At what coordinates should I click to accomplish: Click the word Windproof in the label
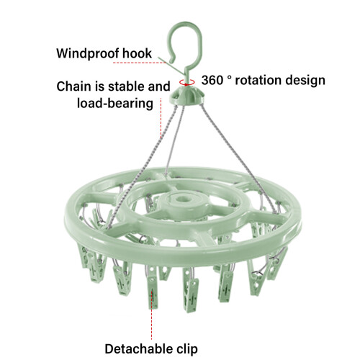point(88,53)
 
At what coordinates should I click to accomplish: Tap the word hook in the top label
point(137,53)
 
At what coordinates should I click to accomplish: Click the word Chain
point(74,86)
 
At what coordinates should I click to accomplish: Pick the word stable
point(127,86)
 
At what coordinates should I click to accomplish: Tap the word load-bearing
point(115,104)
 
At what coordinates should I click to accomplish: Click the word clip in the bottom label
point(186,349)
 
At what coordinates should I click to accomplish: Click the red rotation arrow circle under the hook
point(186,82)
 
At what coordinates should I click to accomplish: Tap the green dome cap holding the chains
point(187,95)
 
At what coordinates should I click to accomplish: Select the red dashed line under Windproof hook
point(140,63)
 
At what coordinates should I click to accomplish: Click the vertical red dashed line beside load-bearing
point(161,118)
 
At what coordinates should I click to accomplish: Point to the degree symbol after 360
point(229,77)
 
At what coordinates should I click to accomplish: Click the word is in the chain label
point(99,86)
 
